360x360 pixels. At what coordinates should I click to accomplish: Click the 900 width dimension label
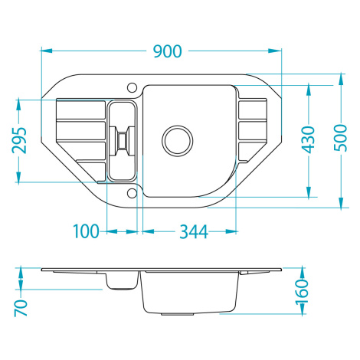tap(168, 51)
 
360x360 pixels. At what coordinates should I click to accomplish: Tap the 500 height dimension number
tap(341, 138)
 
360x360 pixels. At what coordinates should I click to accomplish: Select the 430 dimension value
tap(309, 139)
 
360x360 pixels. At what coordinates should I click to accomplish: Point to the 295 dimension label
tap(19, 140)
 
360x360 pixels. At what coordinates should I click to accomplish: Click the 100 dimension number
tap(86, 231)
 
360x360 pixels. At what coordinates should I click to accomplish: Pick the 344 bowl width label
tap(194, 232)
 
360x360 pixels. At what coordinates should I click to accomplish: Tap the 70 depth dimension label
tap(21, 308)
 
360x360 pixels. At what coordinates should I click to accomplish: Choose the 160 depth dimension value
tap(302, 292)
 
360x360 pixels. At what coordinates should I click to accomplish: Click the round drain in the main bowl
tap(177, 141)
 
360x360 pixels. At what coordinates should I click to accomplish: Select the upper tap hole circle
tap(133, 87)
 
